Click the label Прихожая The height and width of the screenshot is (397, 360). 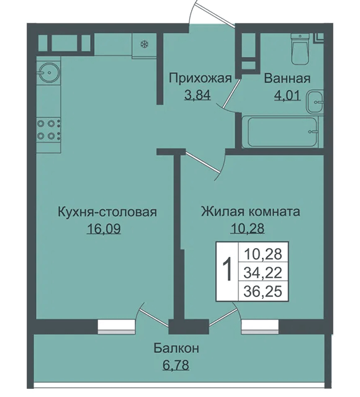(x=200, y=79)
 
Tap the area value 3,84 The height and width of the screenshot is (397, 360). (x=197, y=96)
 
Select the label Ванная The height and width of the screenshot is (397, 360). (x=287, y=79)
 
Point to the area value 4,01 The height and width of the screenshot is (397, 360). (x=287, y=96)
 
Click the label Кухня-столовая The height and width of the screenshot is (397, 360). (x=107, y=212)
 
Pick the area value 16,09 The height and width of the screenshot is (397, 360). (x=104, y=229)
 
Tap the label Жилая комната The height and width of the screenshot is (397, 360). (x=251, y=212)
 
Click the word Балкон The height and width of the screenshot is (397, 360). (x=176, y=348)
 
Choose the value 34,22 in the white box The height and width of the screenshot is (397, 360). (x=263, y=273)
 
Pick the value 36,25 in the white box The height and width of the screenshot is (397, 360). (x=263, y=291)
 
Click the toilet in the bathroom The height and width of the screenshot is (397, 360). (x=300, y=49)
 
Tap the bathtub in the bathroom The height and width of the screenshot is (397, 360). (x=282, y=132)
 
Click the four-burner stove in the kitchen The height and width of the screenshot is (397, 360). (x=48, y=130)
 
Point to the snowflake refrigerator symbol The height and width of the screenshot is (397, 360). (x=145, y=45)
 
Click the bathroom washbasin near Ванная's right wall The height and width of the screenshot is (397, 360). (x=315, y=102)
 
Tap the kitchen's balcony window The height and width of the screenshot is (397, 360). (x=116, y=327)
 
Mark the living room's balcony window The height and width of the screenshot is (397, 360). (x=260, y=327)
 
